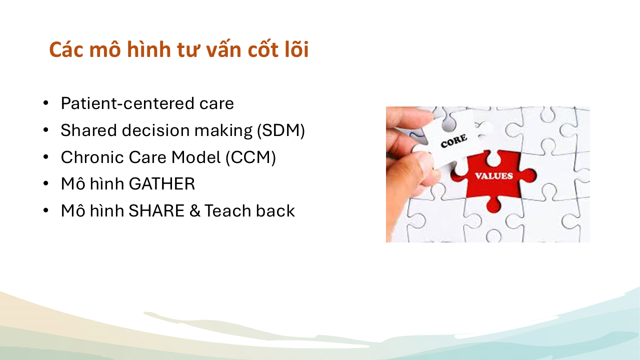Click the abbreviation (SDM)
[281, 130]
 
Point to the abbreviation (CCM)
[250, 157]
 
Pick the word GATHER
[161, 183]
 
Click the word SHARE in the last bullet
[156, 211]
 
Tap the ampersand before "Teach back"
[195, 211]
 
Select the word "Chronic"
[92, 157]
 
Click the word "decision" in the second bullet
[156, 130]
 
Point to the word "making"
[223, 131]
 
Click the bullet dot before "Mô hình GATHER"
[45, 184]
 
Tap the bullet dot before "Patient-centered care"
[45, 103]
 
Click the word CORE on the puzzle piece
[453, 141]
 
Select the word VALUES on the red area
[494, 176]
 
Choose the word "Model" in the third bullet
[195, 157]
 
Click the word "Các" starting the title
[66, 49]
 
